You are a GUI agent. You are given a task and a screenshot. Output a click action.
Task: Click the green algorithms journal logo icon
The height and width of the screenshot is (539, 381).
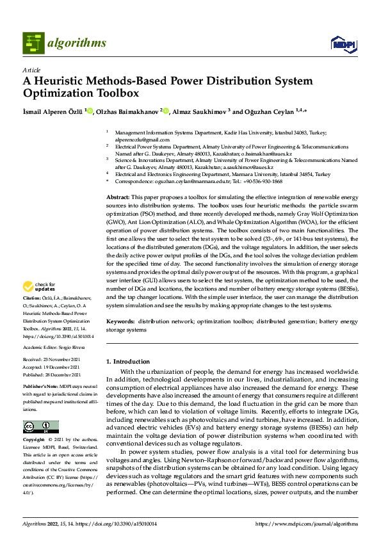coord(34,43)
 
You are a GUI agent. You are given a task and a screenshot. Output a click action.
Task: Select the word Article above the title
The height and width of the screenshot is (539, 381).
coord(31,70)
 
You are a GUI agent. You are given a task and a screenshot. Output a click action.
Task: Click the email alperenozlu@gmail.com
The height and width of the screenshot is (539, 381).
coord(133,139)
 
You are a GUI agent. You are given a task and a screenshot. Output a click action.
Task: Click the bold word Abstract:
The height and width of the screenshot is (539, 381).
coord(118,197)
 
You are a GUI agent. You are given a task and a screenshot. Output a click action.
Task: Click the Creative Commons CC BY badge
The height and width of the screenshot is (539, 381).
coord(40,426)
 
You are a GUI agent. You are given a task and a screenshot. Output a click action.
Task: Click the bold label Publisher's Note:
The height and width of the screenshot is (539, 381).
coord(40,388)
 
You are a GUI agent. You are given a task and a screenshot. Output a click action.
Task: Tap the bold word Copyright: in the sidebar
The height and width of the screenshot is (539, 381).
coord(35,440)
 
